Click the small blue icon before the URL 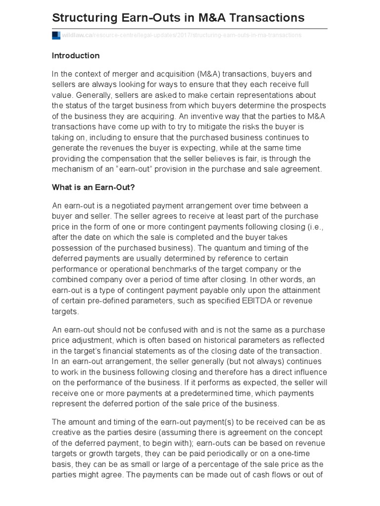tap(56, 36)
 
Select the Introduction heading tap(76, 55)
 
